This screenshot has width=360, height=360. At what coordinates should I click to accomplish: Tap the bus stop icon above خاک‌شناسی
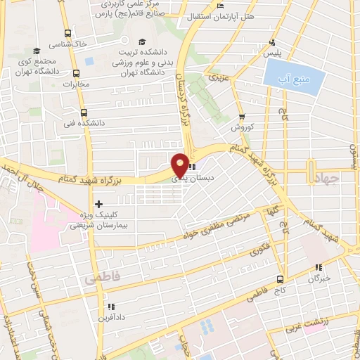[x=67, y=32]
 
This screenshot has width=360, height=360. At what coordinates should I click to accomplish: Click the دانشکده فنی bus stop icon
[x=84, y=111]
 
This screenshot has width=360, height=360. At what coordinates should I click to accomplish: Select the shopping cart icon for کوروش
[x=242, y=117]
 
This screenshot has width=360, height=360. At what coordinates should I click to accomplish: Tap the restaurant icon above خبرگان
[x=318, y=267]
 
